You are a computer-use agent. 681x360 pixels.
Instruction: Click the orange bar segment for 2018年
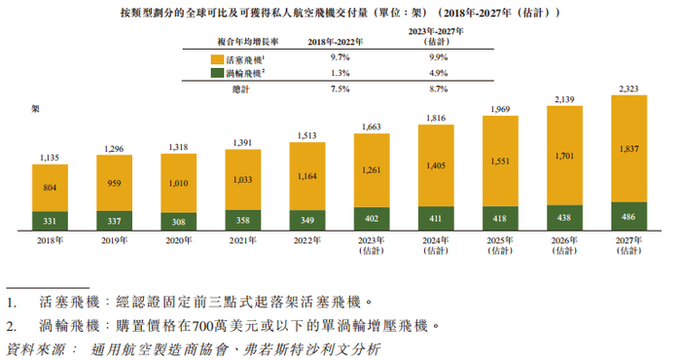(51, 192)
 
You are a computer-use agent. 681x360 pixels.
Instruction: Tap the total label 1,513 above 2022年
(307, 135)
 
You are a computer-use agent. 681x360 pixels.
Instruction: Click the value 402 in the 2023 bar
(372, 217)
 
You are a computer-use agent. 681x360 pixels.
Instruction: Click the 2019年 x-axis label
(115, 240)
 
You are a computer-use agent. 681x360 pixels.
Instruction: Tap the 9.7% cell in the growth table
(334, 60)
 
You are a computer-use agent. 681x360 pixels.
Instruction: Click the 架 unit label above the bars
(36, 107)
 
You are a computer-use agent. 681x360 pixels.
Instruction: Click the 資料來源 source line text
(195, 348)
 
